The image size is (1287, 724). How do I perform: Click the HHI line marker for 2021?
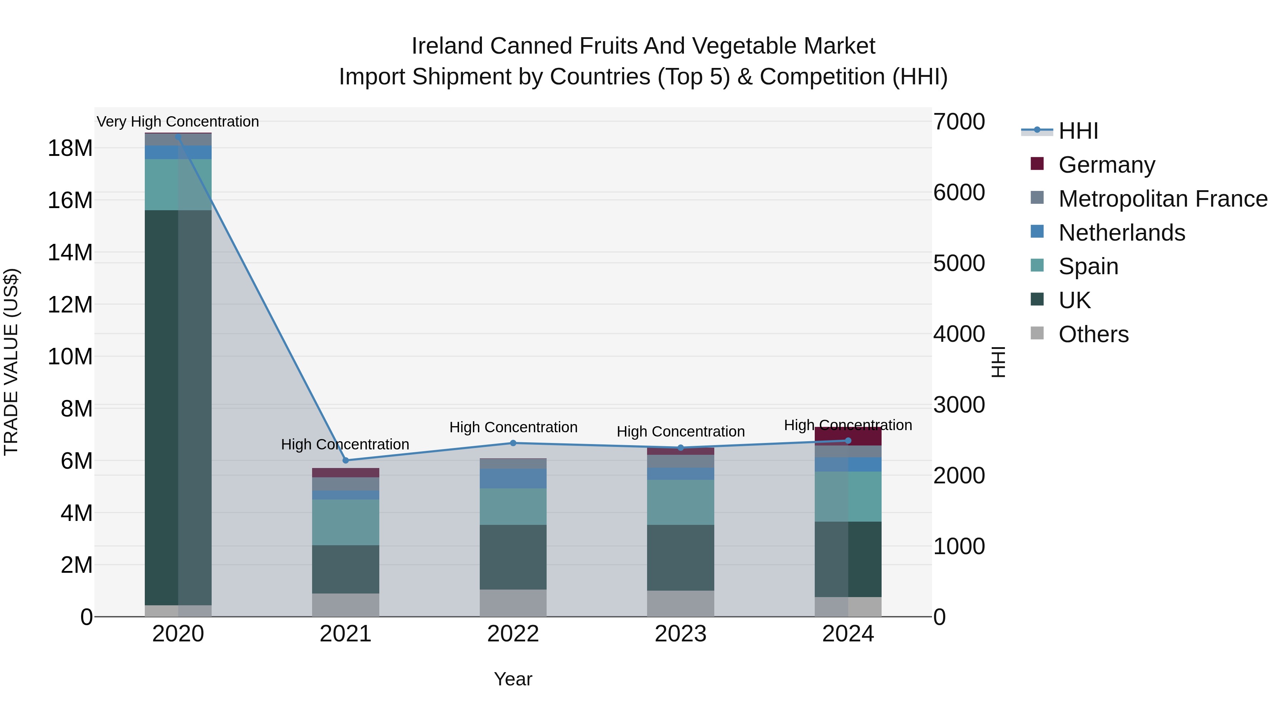coord(346,460)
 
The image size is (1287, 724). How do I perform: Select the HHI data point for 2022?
coord(513,443)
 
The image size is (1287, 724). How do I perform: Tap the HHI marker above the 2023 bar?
coord(680,448)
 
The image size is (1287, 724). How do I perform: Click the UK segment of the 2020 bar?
coord(178,407)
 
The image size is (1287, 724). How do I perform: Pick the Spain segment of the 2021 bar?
coord(346,522)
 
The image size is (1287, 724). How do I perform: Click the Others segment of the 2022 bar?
coord(513,602)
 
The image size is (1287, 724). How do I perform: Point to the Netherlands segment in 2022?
coord(513,478)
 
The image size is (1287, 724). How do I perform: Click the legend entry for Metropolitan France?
coord(1163,199)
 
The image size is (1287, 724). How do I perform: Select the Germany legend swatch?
coord(1037,164)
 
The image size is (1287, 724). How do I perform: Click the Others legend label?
coord(1093,334)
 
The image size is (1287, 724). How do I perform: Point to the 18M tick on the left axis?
coord(70,148)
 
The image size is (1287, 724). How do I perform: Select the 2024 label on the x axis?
coord(848,634)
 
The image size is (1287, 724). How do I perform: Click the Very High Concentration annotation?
coord(178,122)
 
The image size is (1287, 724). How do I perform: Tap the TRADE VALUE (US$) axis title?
coord(11,362)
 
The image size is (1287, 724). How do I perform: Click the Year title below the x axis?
coord(513,679)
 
